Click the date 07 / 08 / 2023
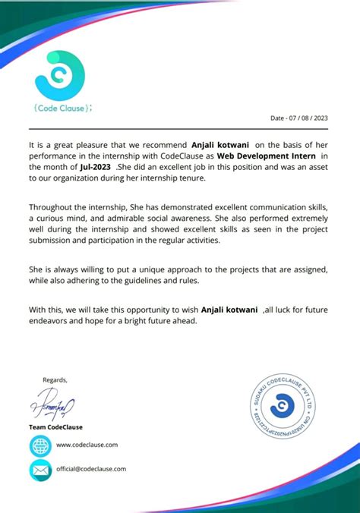coord(300,118)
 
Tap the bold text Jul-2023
coord(95,166)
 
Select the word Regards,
coord(55,379)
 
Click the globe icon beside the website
coord(39,445)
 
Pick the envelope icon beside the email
coord(39,470)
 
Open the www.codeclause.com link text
coord(87,445)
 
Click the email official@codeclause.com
coord(91,469)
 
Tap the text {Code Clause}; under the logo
coord(63,108)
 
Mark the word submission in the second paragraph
coord(54,240)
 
